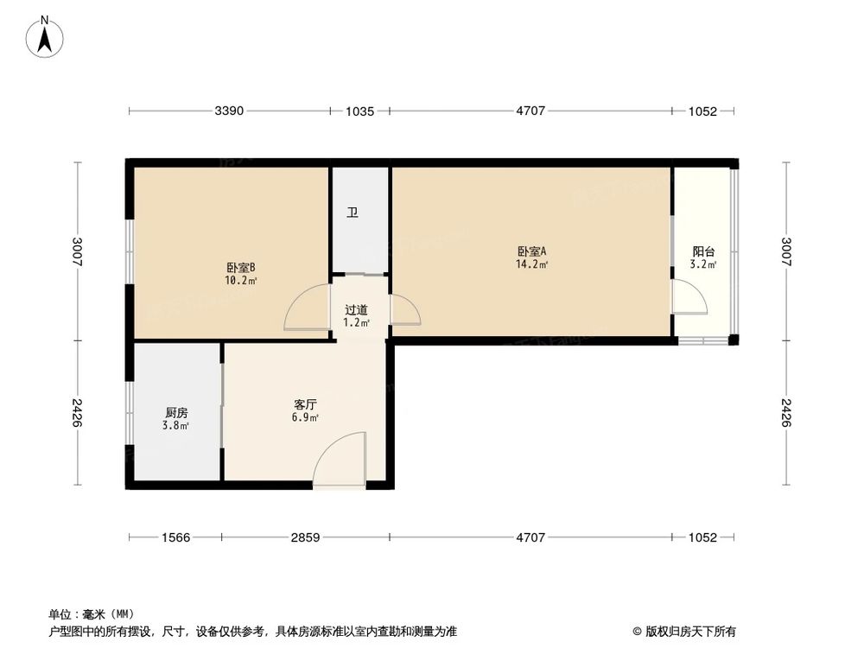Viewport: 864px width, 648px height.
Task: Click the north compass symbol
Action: coord(45,37)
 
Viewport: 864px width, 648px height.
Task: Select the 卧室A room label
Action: coord(531,251)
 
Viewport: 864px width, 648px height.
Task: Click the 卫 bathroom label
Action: coord(353,213)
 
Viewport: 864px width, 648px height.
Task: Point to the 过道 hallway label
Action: coord(356,310)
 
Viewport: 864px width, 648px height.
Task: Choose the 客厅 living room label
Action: coord(306,403)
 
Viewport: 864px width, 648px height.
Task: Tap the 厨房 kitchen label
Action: coord(176,412)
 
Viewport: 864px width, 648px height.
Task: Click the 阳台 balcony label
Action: coord(703,251)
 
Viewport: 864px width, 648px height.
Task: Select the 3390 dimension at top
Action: coord(229,111)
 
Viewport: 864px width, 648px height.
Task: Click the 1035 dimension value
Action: coord(359,111)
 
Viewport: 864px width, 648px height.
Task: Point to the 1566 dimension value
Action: coord(175,537)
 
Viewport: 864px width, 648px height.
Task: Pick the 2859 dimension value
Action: coord(305,537)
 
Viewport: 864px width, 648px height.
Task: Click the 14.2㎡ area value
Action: coord(531,264)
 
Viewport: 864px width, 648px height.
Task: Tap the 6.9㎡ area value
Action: coord(306,417)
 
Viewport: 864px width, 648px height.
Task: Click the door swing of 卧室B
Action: coord(304,308)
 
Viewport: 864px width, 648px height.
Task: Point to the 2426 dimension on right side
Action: coord(785,412)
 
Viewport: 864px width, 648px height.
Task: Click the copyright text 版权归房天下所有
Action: coord(689,631)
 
